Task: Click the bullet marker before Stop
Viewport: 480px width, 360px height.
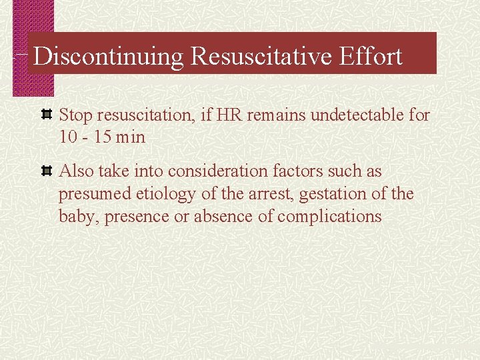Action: click(x=47, y=115)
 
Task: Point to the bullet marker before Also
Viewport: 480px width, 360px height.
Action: click(x=47, y=172)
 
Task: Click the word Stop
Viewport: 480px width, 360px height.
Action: click(x=76, y=115)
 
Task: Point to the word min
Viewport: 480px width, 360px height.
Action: click(x=130, y=138)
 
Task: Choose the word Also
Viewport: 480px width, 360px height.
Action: click(x=77, y=171)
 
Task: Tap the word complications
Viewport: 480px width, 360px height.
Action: click(x=329, y=217)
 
